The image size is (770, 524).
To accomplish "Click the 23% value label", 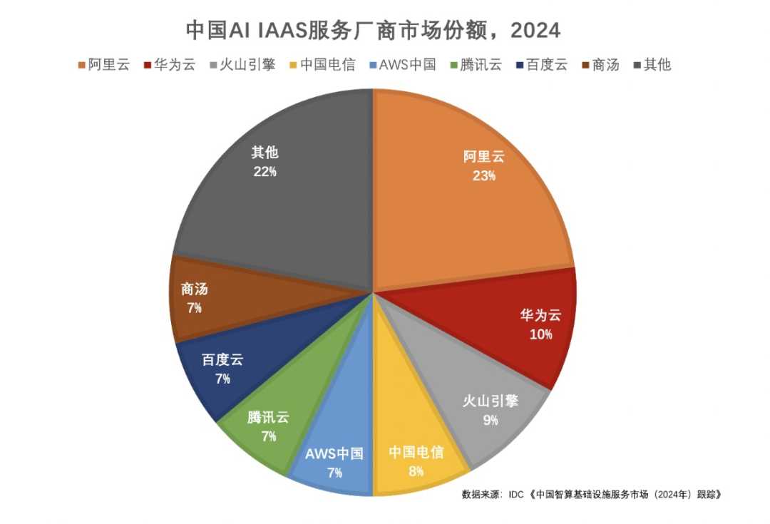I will click(483, 175).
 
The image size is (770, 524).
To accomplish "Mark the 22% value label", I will click(264, 171).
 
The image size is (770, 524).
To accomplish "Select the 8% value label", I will click(416, 471).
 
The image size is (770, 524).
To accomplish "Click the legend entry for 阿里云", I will click(103, 65).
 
